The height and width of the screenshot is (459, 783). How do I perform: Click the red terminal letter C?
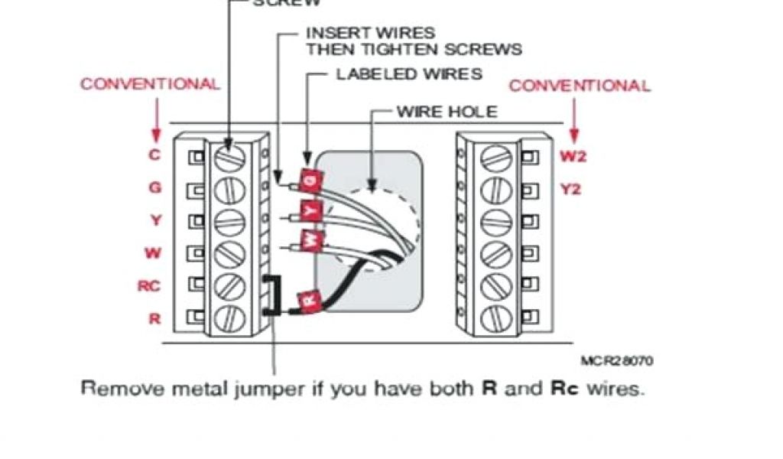[154, 155]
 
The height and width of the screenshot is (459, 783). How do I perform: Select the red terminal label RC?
[149, 286]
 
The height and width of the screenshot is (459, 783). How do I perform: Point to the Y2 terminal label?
[570, 189]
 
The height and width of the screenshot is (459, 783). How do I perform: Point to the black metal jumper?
[269, 295]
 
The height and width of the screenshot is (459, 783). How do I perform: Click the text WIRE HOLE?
[447, 112]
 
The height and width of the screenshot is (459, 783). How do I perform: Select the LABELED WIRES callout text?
[409, 74]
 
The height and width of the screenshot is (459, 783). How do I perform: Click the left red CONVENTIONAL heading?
[151, 84]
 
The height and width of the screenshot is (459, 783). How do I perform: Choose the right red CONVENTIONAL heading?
[580, 86]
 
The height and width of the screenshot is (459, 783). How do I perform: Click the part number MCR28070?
[617, 360]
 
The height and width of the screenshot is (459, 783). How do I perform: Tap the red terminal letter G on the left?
[154, 187]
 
